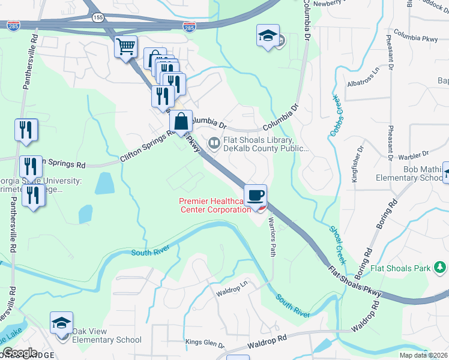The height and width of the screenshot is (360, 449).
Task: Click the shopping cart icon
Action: (125, 47)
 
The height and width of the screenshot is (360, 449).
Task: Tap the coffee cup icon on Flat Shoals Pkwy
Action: (256, 195)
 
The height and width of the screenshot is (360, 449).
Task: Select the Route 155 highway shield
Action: (98, 18)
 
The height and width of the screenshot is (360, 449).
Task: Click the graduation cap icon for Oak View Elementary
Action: (61, 324)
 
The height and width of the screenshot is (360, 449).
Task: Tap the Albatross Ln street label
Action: (364, 79)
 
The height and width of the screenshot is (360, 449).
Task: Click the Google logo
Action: (19, 352)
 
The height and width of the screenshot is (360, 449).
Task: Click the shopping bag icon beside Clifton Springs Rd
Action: (181, 122)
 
